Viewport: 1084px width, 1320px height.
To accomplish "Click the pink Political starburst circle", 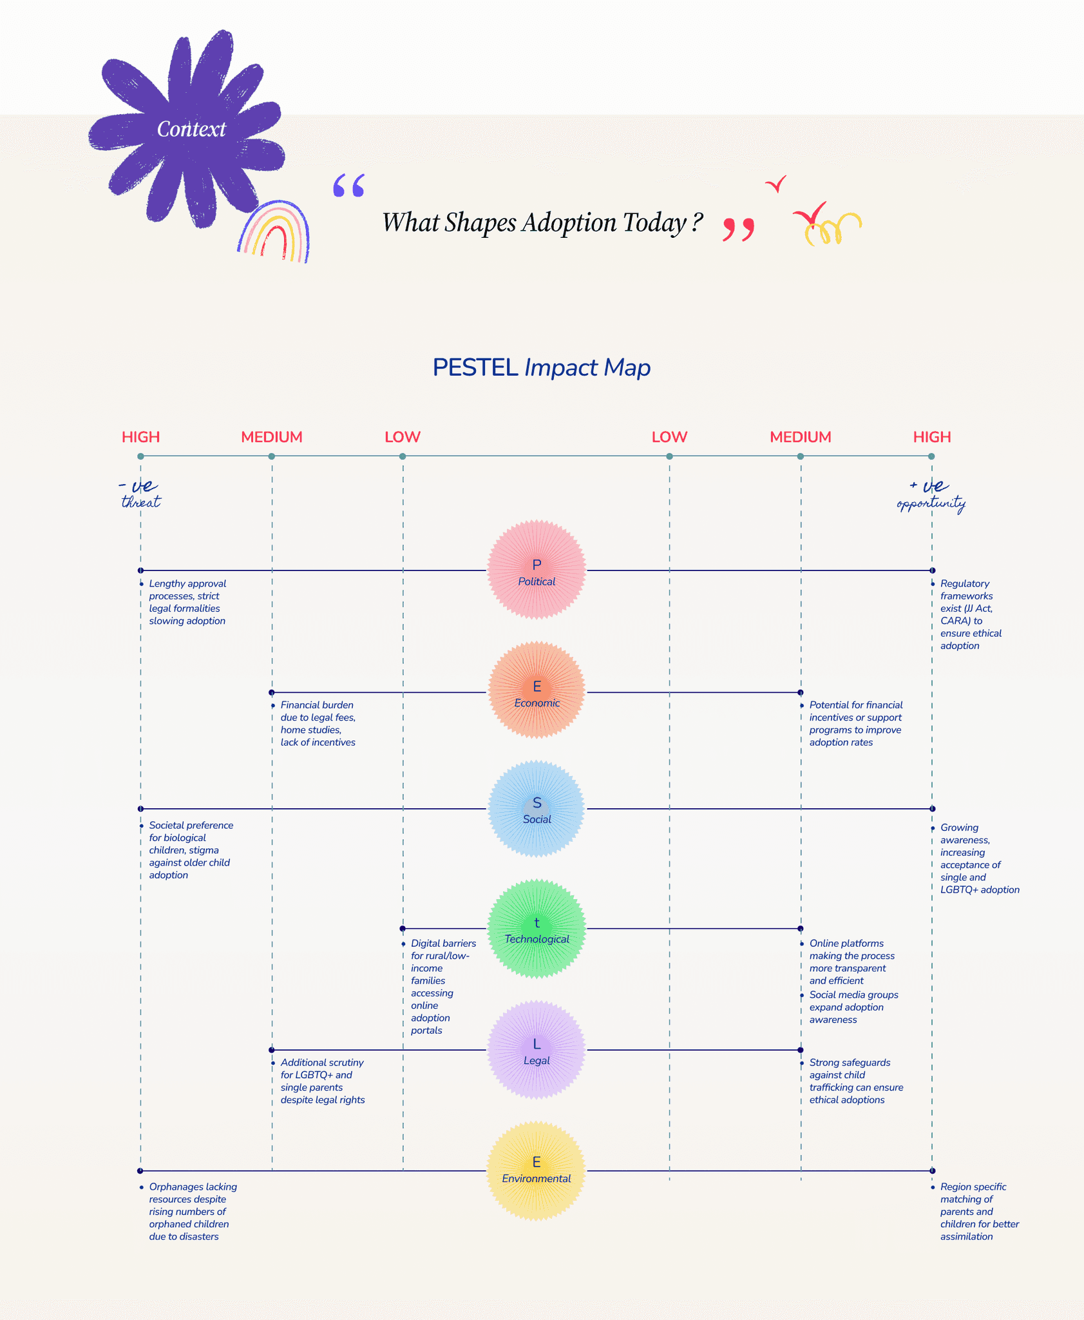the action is (x=537, y=570).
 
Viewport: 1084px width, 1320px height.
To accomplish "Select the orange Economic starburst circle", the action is (x=537, y=690).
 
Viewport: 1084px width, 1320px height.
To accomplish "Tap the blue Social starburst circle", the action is (x=537, y=809).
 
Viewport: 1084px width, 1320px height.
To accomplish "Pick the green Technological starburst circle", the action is (x=537, y=929).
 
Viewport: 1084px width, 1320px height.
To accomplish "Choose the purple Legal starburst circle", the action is (x=537, y=1049).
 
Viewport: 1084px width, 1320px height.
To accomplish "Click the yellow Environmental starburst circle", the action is (x=537, y=1170).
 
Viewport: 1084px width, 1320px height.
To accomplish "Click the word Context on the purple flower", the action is (x=191, y=129).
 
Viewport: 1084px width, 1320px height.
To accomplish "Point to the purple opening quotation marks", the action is (x=348, y=186).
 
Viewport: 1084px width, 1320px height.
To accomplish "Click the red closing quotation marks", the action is (x=738, y=229).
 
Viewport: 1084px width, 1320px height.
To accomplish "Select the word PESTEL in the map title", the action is (x=475, y=367).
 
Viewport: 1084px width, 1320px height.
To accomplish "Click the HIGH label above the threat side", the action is (x=140, y=437).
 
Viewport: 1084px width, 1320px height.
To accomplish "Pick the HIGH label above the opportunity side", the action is (x=931, y=437).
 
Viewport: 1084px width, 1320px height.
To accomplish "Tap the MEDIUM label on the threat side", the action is (x=271, y=437).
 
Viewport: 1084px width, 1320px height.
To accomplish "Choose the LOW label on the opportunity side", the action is (x=669, y=437).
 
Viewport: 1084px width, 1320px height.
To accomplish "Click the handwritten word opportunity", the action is (x=931, y=503).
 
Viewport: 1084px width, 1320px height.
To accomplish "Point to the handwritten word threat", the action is (x=141, y=502).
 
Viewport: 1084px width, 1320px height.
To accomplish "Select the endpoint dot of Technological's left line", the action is (x=403, y=929).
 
